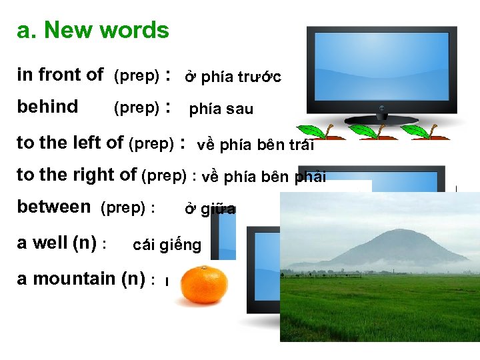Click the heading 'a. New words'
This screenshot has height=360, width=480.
coord(93,30)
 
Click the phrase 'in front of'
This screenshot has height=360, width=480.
coord(60,75)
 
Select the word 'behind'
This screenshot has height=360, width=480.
coord(47,107)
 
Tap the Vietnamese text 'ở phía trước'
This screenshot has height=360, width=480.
coord(233,77)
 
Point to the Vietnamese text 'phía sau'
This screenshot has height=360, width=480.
coord(221,109)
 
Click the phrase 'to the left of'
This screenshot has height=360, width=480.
coord(70,143)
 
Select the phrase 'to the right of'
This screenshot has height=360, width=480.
coord(77,175)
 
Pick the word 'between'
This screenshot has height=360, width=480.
coord(54,207)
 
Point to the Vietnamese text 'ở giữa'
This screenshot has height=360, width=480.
coord(209,209)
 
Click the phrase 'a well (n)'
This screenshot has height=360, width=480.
coord(57,243)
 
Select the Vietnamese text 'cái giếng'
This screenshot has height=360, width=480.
coord(167,245)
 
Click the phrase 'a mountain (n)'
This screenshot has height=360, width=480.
coord(81,279)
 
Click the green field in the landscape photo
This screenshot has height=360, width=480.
coord(380,307)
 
